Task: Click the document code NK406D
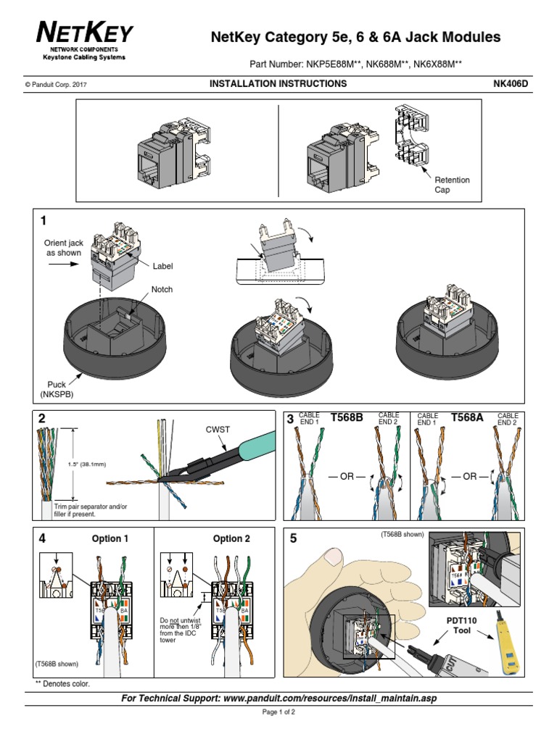pyautogui.click(x=511, y=83)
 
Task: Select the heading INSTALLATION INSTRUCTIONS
pyautogui.click(x=278, y=83)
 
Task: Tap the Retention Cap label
pyautogui.click(x=452, y=184)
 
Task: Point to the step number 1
pyautogui.click(x=45, y=220)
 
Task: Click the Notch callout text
pyautogui.click(x=162, y=289)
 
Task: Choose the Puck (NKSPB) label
pyautogui.click(x=52, y=388)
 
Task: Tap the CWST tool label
pyautogui.click(x=218, y=429)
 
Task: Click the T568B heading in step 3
pyautogui.click(x=346, y=418)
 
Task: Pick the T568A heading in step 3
pyautogui.click(x=466, y=418)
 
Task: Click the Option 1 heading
pyautogui.click(x=110, y=538)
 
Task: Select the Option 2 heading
pyautogui.click(x=231, y=538)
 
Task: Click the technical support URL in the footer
pyautogui.click(x=278, y=698)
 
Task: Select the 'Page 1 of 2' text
pyautogui.click(x=278, y=712)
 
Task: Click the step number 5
pyautogui.click(x=294, y=538)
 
